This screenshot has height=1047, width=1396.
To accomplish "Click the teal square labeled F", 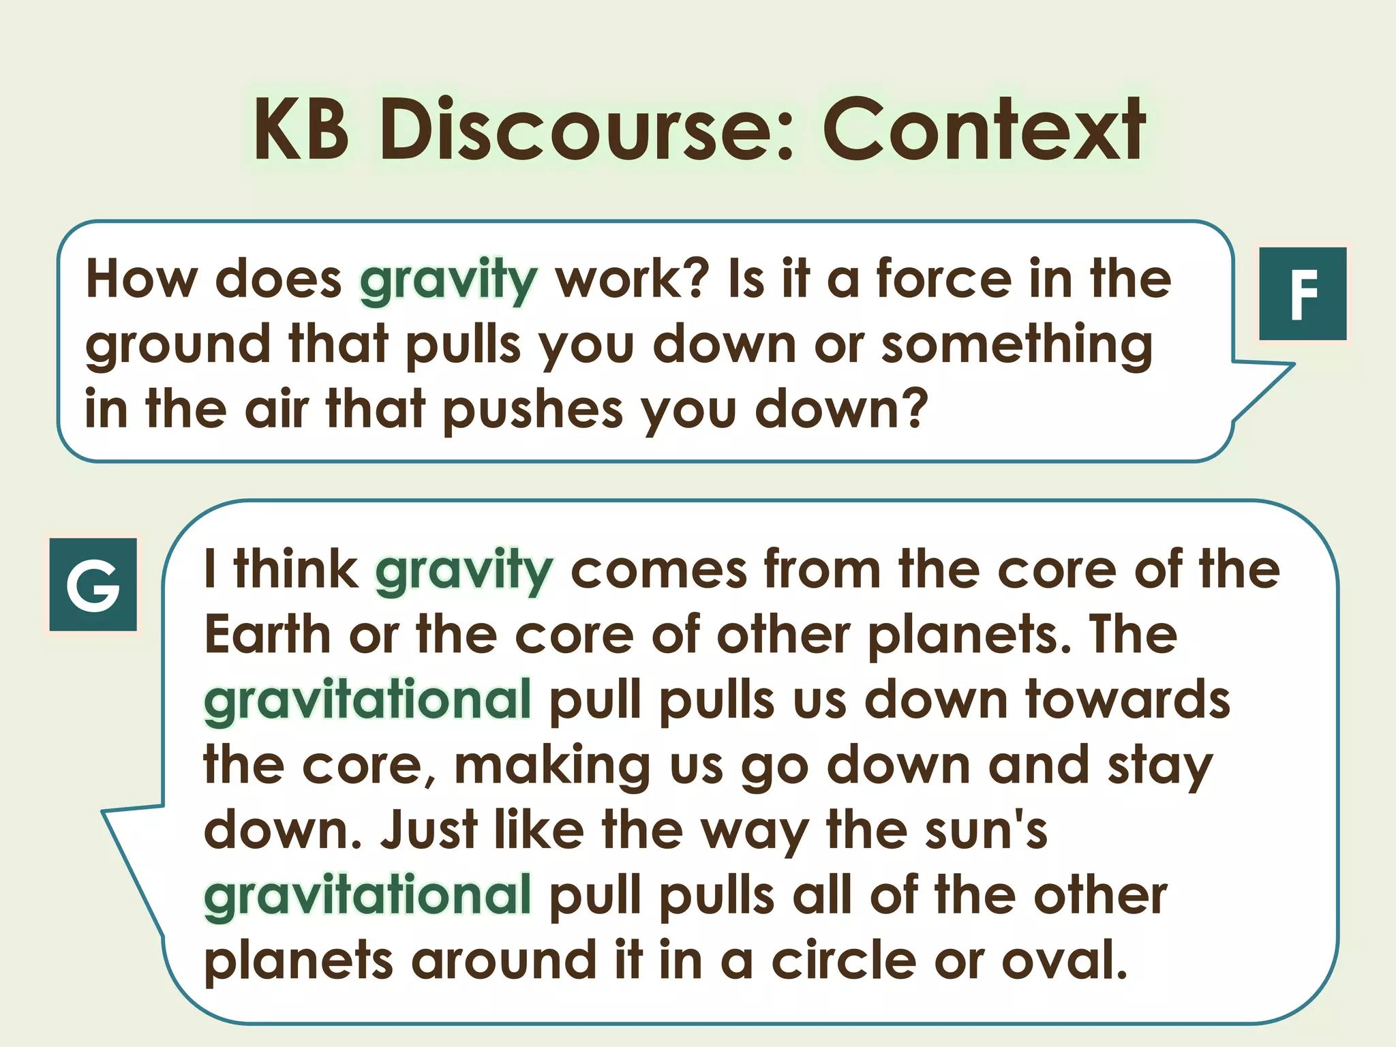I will pyautogui.click(x=1302, y=294).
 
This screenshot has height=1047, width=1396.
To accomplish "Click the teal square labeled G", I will pyautogui.click(x=93, y=584).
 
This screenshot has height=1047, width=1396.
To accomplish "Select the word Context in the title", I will pyautogui.click(x=984, y=130).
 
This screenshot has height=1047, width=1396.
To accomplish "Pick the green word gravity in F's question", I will pyautogui.click(x=449, y=280).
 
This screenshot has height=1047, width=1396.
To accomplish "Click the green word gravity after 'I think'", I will pyautogui.click(x=464, y=571).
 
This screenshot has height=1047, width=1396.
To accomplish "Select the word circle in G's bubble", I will pyautogui.click(x=844, y=960).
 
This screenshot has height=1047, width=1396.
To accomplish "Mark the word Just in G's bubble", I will pyautogui.click(x=429, y=830).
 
